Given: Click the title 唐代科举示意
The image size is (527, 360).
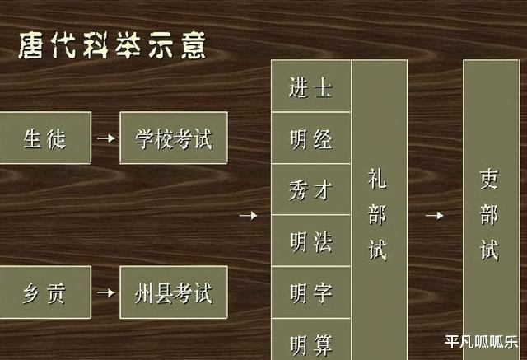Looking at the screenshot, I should coord(112,46).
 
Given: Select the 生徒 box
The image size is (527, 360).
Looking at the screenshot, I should coord(44,138).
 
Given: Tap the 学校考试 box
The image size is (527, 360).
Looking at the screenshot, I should coord(174,138).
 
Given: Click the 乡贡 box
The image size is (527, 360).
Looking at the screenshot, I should coord(44,292).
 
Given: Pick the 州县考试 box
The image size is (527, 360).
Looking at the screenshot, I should coord(174,292).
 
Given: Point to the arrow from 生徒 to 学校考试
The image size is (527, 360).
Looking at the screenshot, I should coord(105,138).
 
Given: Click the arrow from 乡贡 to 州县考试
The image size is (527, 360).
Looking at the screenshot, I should coord(105,292).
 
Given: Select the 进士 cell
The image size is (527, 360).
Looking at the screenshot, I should coord(311,86).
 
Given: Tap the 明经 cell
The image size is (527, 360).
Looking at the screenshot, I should coord(311,138).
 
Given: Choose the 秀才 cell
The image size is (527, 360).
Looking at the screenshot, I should coord(311,189).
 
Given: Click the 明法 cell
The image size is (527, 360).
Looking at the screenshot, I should coord(311,241).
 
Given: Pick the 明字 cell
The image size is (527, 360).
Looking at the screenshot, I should coord(311,292).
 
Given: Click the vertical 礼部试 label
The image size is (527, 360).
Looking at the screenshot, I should coord(378,216).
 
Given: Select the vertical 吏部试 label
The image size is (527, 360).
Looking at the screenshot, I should coord(490,216).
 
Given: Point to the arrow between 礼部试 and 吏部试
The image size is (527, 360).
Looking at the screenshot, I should coord(435,216).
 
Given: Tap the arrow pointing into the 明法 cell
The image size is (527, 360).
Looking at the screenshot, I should coord(248,216).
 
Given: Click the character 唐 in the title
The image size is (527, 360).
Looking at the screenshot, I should coord(31,46).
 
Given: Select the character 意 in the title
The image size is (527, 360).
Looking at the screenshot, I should coord(193,46).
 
